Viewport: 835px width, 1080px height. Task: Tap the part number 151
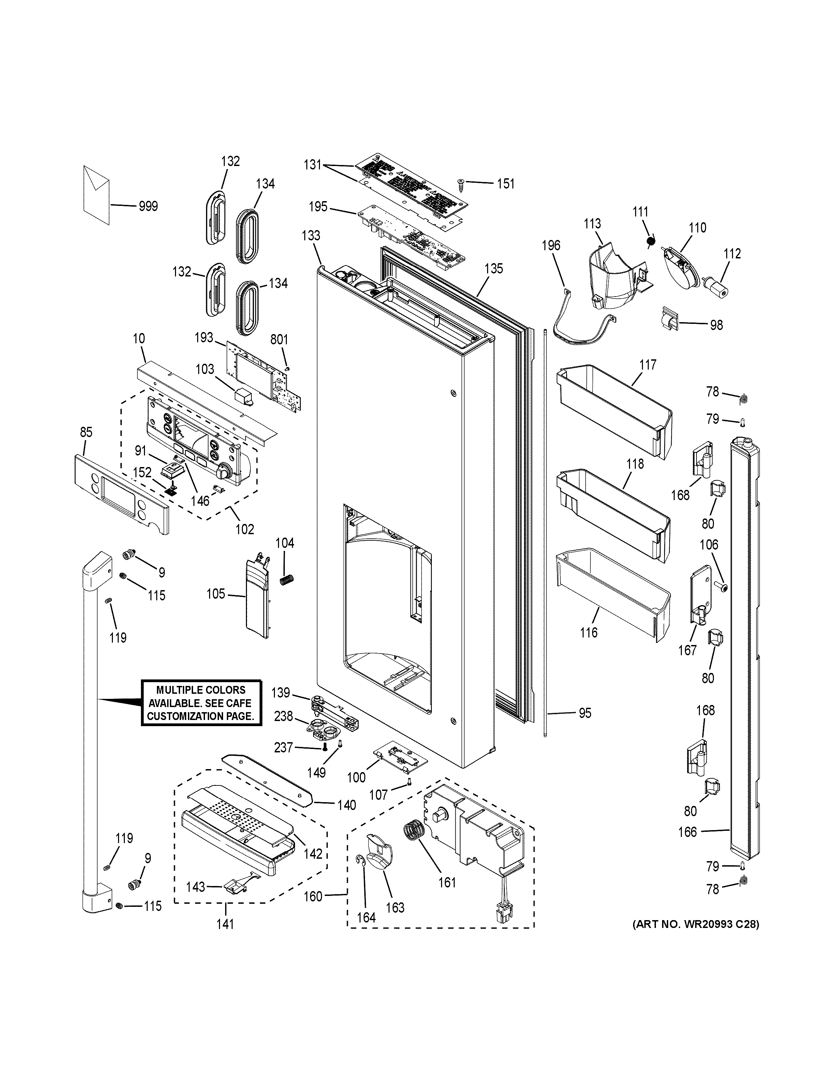[506, 184]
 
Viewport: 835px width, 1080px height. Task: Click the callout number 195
[318, 206]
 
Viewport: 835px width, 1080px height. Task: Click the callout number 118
[635, 464]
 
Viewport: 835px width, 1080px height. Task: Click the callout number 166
[687, 832]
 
